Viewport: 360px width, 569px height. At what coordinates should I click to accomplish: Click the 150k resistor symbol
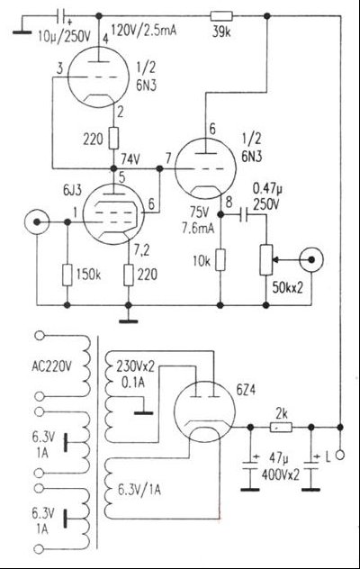[67, 273]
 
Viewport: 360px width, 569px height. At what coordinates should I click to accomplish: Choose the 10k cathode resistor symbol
[220, 261]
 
